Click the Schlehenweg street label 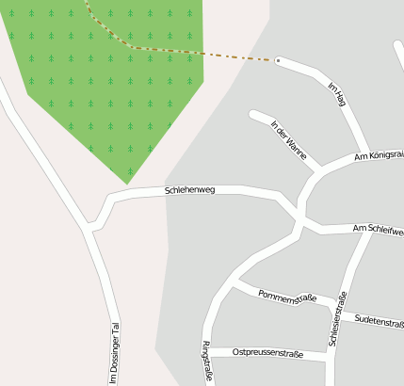pos(190,190)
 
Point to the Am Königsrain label pos(379,156)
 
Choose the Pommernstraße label pos(286,298)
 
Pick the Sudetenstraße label pos(380,321)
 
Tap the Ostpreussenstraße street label pos(267,354)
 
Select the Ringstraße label pos(206,360)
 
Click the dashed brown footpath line pos(188,52)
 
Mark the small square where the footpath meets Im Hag pos(277,60)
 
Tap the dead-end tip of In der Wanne pos(253,115)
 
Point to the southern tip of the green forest pos(129,182)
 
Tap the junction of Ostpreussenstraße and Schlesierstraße pos(331,358)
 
